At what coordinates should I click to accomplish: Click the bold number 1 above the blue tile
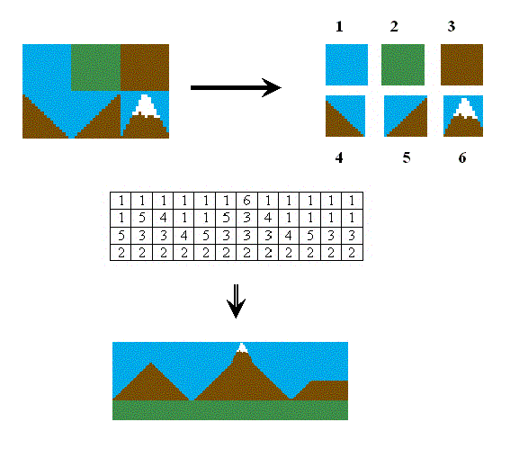coord(339,27)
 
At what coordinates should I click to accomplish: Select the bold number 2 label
coord(394,26)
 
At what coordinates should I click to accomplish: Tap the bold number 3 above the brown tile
coord(452,26)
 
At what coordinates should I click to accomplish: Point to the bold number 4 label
coord(339,157)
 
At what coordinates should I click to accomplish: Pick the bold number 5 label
coord(407,157)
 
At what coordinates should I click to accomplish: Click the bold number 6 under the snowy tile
coord(462,157)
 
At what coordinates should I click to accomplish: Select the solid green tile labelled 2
coord(403,65)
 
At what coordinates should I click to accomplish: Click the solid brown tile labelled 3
coord(461,65)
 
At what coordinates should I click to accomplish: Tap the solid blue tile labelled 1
coord(346,65)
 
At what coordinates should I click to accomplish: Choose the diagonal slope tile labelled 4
coord(345,116)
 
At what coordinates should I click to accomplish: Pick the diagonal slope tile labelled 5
coord(406,116)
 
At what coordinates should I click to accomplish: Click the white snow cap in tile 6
coord(465,108)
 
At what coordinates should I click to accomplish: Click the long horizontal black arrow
coord(236,87)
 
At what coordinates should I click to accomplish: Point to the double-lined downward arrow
coord(236,301)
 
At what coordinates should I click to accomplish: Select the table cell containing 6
coord(246,201)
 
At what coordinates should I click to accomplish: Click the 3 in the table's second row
coord(246,218)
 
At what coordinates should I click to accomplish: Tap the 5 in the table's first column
coord(121,236)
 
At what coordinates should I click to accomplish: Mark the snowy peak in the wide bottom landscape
coord(242,348)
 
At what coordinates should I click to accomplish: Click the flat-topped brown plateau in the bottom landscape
coord(322,391)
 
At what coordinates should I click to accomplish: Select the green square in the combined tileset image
coord(96,67)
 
